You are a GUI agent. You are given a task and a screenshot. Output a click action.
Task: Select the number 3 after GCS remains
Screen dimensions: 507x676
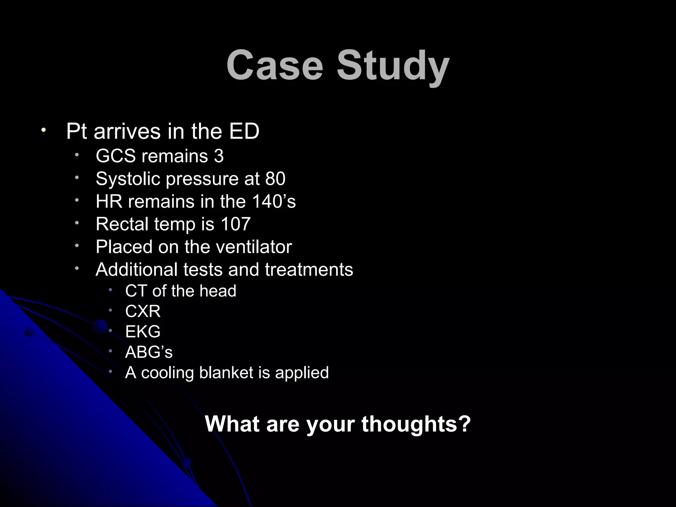(219, 156)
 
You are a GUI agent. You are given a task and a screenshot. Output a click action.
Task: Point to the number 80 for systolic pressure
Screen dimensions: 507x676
(275, 179)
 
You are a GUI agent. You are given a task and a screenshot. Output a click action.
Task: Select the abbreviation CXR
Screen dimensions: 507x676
(143, 311)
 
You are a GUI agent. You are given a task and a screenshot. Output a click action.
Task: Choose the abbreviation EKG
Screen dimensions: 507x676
(143, 331)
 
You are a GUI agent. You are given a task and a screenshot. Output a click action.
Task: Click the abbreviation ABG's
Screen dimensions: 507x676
(149, 352)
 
